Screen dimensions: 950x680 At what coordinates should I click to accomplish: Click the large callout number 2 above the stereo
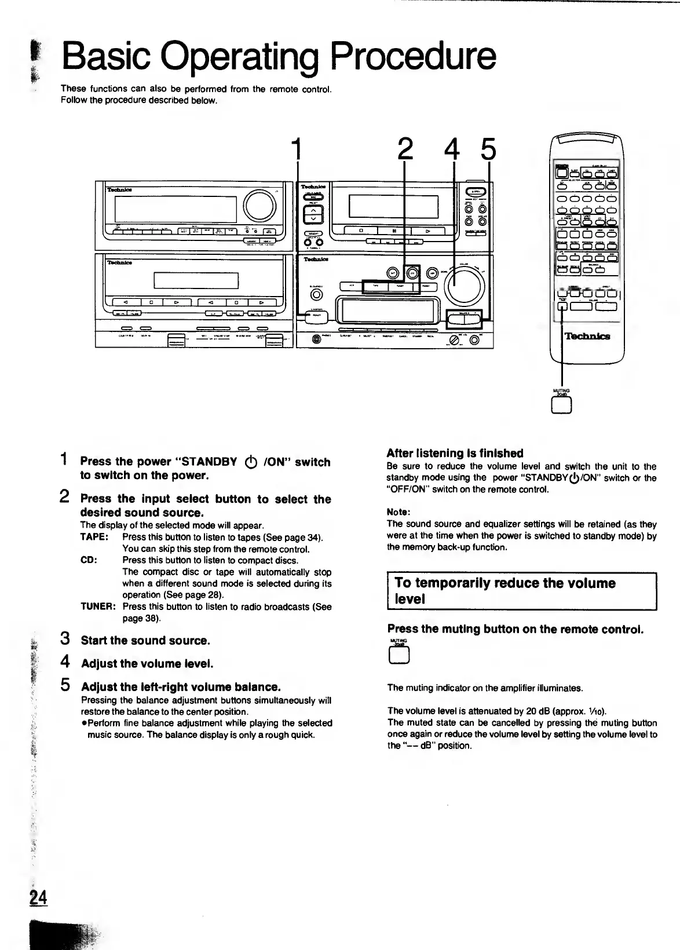[x=405, y=149]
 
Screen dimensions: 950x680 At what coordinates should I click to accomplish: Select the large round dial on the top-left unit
[x=259, y=206]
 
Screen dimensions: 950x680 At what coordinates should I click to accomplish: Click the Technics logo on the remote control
[x=587, y=337]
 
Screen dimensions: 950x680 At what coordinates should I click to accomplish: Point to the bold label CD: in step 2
[x=88, y=560]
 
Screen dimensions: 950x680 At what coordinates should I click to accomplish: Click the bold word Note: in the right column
[x=399, y=513]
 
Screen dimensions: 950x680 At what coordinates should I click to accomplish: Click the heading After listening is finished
[x=455, y=453]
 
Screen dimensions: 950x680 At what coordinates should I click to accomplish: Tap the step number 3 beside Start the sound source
[x=65, y=640]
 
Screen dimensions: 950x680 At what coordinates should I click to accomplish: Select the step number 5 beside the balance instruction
[x=65, y=686]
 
